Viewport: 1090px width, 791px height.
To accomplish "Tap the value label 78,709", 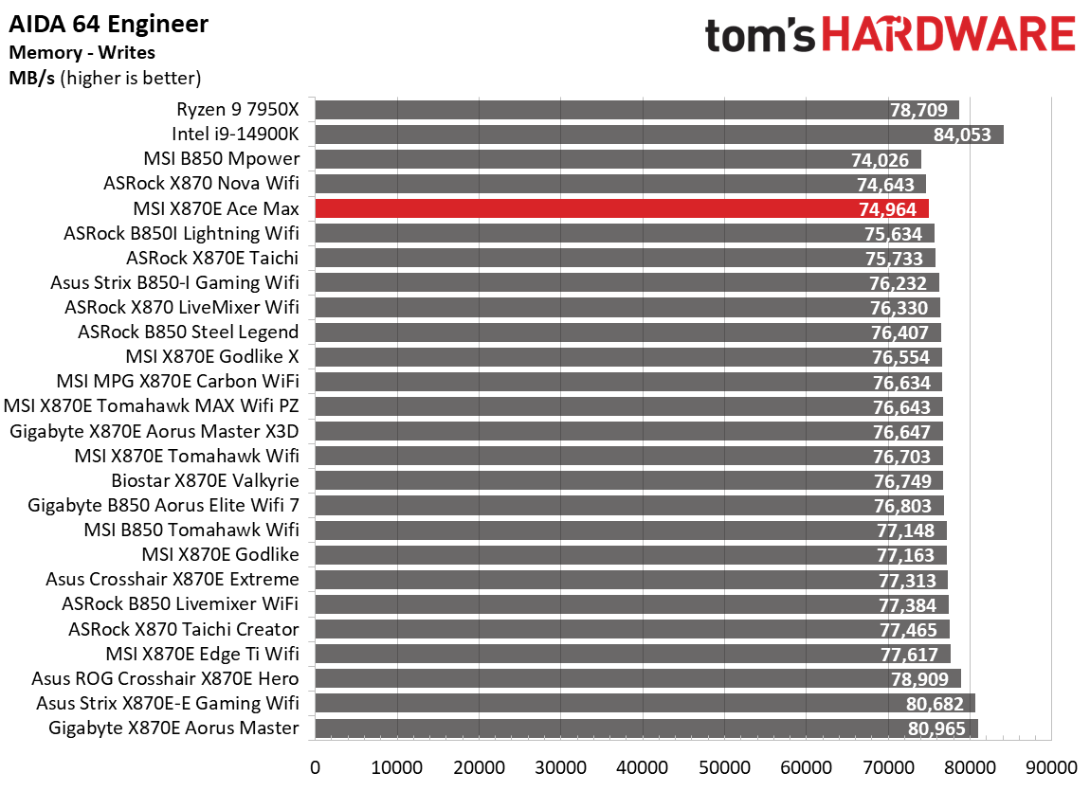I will [919, 110].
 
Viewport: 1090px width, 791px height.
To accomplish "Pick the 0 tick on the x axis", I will [315, 765].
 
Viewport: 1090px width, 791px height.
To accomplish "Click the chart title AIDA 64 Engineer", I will [108, 24].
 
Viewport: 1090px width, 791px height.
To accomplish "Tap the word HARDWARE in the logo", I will [948, 36].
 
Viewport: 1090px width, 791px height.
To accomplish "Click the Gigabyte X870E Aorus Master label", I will [173, 728].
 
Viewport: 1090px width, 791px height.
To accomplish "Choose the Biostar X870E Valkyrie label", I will [205, 480].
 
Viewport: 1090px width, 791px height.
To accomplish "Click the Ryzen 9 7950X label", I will [237, 109].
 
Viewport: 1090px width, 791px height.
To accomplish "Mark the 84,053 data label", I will [962, 135].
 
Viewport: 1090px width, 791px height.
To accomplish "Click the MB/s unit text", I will [31, 78].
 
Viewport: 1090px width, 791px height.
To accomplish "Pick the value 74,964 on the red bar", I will [888, 209].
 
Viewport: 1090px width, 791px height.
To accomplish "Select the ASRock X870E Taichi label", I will [212, 258].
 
